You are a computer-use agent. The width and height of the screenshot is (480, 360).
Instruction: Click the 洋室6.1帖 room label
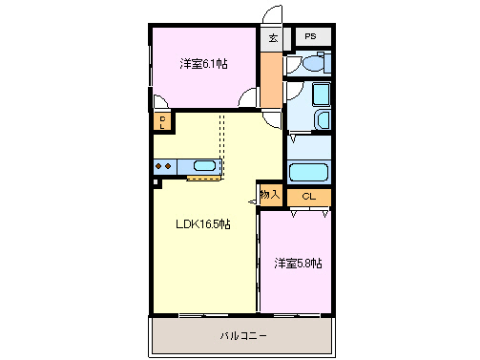(204, 64)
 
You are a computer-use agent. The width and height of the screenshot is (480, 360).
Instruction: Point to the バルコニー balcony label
(243, 336)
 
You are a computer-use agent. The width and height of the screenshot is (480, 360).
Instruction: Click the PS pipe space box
(310, 36)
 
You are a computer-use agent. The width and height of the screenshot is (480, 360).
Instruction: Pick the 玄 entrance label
(273, 38)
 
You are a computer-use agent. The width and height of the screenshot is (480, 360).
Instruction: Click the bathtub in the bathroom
(308, 173)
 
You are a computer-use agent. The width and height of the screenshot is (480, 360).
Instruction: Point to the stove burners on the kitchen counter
(163, 166)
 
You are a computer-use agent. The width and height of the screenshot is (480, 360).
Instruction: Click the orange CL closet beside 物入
(308, 197)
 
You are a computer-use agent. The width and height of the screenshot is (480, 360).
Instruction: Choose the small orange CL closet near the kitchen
(163, 121)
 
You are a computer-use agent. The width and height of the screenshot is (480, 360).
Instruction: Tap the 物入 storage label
(270, 194)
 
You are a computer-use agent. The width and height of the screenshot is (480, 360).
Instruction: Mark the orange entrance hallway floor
(273, 81)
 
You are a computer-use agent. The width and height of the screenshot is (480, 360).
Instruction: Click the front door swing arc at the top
(272, 17)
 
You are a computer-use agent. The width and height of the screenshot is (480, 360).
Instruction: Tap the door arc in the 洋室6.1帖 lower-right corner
(250, 99)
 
